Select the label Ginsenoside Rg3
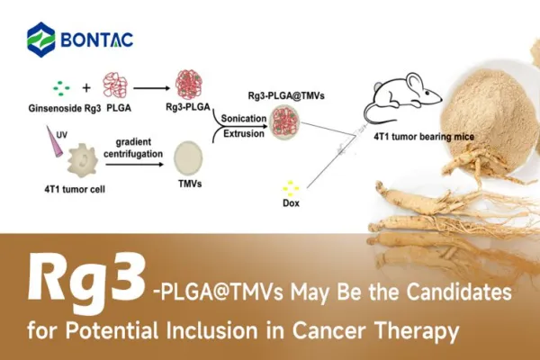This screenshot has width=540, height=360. tap(59, 111)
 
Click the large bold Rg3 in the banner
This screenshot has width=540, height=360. tap(85, 279)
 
